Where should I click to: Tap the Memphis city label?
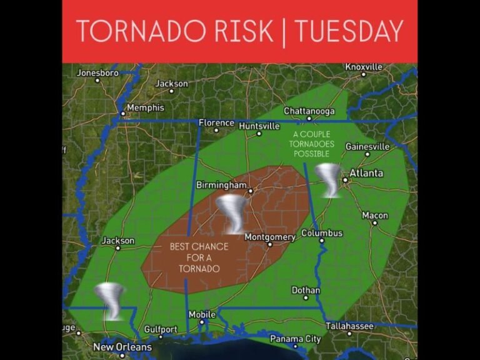[145, 108]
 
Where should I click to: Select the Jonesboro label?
[97, 73]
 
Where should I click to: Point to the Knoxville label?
[364, 67]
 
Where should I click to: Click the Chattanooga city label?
[309, 111]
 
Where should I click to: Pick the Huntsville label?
[259, 126]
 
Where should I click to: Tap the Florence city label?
[216, 123]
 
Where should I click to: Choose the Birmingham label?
[221, 186]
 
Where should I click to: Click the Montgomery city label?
[269, 237]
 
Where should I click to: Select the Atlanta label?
[366, 173]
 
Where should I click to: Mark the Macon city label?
[375, 216]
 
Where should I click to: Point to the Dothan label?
[306, 291]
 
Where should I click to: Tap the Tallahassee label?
[349, 326]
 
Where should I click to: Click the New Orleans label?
[122, 347]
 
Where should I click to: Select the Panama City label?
[295, 339]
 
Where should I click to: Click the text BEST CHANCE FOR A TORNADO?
[199, 257]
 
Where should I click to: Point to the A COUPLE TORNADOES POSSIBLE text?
[312, 144]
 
